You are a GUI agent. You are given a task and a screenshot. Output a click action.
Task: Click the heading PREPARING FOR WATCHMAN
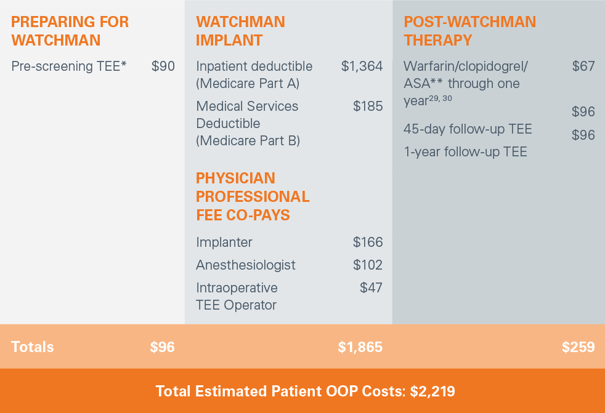point(70,31)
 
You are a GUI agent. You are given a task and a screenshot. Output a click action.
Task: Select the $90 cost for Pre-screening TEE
point(163,66)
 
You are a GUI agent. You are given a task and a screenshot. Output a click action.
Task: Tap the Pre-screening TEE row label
point(69,66)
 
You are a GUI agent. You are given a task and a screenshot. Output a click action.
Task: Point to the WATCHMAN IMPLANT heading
point(240,31)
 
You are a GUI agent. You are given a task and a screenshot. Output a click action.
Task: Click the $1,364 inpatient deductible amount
point(362,66)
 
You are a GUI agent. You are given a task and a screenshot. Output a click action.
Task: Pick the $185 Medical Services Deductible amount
point(368,106)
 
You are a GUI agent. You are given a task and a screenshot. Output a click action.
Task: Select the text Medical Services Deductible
point(247,114)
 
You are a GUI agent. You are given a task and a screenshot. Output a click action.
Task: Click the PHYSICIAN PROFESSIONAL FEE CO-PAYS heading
point(253,197)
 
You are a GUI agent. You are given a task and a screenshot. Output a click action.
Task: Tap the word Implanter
point(224,243)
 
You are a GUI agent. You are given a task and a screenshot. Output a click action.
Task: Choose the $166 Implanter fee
point(368,243)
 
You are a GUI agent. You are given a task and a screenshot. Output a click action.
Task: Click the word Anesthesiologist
point(246,265)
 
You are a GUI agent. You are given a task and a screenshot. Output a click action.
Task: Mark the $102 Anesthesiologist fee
point(368,265)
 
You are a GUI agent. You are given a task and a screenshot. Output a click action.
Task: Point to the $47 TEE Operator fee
point(371,288)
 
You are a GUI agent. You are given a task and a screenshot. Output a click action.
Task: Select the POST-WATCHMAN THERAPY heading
point(469,31)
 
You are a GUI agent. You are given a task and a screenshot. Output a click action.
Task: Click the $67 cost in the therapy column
point(583,66)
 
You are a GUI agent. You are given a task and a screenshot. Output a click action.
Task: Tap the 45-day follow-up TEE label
point(468,129)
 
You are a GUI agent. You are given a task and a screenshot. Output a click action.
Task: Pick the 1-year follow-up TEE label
point(465,151)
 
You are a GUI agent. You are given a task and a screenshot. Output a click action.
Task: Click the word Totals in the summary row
point(33,347)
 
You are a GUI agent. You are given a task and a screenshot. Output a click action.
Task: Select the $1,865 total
point(360,347)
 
